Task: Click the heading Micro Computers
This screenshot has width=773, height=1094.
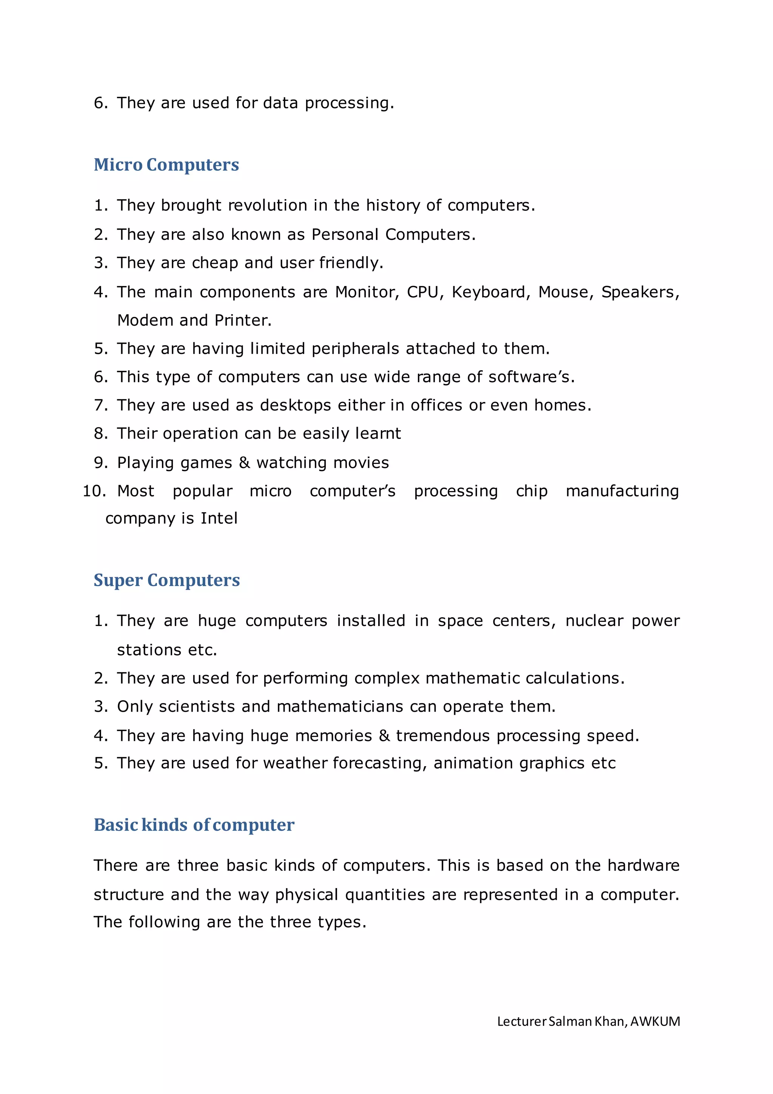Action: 166,165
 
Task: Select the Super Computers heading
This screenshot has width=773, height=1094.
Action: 166,580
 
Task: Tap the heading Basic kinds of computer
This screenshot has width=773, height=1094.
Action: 194,825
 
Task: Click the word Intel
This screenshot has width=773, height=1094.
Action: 219,518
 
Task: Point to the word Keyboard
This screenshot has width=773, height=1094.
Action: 490,292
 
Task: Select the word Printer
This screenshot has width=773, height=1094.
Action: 243,321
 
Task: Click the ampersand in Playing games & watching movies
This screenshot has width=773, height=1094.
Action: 244,463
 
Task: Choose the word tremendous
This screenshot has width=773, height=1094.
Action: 443,736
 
